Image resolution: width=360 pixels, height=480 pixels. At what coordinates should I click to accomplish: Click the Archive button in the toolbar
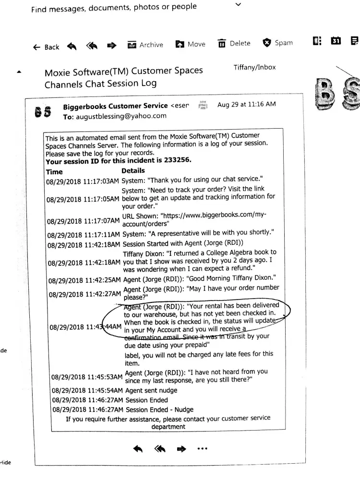pyautogui.click(x=145, y=45)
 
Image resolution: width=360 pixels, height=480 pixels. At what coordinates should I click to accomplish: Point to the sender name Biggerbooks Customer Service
pyautogui.click(x=115, y=106)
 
